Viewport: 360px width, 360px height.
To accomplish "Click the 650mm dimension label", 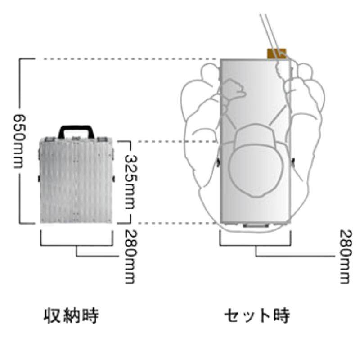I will click(x=18, y=140).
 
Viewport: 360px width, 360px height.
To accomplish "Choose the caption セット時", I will click(x=257, y=316).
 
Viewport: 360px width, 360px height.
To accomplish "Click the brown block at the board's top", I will click(x=276, y=54).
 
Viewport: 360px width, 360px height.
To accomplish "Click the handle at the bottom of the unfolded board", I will click(x=256, y=224).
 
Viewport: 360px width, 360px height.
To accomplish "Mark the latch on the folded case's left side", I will click(x=39, y=178).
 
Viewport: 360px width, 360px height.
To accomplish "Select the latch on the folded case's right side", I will click(x=113, y=178).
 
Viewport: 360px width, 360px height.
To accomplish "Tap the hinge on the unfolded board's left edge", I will click(x=219, y=161).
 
